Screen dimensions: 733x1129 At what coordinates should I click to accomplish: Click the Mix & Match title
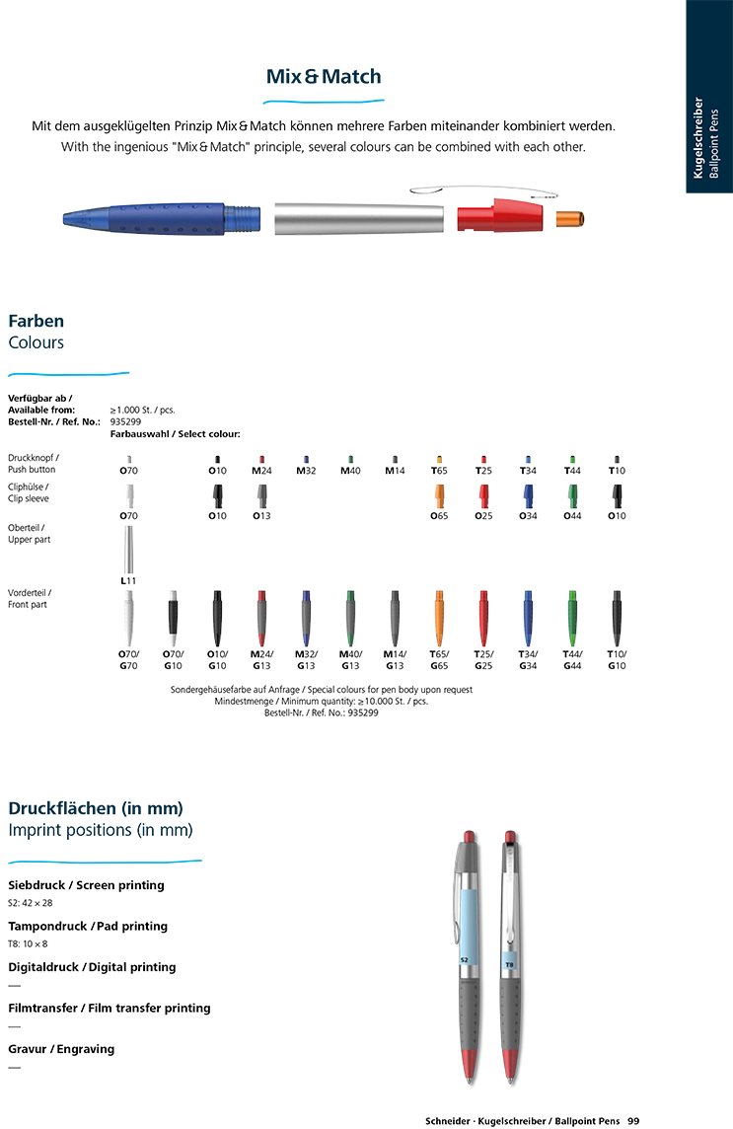point(324,76)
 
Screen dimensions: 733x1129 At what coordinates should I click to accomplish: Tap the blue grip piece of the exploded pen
point(161,218)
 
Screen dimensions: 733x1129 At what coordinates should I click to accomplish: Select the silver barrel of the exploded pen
point(358,219)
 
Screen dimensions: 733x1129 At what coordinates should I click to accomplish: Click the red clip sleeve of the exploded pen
point(500,215)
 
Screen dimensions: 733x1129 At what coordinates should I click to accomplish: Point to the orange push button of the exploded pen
point(569,218)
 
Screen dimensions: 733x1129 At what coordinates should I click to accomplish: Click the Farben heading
point(36,321)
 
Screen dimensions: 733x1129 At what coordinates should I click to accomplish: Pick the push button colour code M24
point(261,471)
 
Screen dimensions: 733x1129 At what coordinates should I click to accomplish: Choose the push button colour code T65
point(439,471)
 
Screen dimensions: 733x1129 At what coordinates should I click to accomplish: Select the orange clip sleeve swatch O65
point(439,496)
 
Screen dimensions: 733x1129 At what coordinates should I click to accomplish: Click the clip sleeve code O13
point(261,516)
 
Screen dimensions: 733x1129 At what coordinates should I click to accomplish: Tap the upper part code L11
point(128,581)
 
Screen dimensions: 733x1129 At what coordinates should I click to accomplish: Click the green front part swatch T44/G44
point(572,619)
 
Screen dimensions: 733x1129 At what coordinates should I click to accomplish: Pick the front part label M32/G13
point(306,660)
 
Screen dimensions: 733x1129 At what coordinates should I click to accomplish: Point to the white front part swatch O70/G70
point(128,619)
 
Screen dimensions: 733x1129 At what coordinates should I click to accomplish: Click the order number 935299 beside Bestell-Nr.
point(125,422)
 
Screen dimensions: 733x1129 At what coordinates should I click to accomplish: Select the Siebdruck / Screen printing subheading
point(87,885)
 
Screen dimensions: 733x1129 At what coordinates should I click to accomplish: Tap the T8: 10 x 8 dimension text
point(28,943)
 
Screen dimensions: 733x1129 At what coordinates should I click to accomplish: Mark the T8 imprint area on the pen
point(509,964)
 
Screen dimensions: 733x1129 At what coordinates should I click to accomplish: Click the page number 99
point(633,1121)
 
